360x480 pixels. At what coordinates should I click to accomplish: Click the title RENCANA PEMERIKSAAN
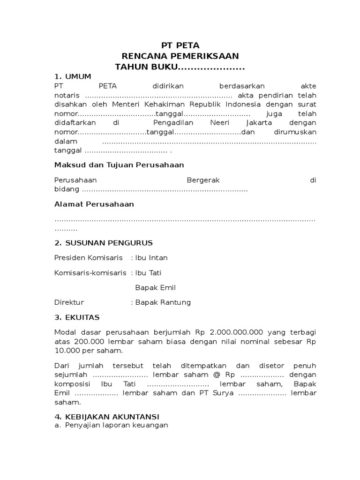[x=180, y=56]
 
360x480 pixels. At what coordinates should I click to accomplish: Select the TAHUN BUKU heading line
[x=180, y=67]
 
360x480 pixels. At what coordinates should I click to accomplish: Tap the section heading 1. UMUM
[x=73, y=76]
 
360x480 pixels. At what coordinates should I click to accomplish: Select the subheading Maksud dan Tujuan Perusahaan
[x=119, y=165]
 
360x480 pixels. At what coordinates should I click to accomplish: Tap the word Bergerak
[x=203, y=180]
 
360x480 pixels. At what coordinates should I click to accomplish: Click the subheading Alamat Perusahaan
[x=94, y=204]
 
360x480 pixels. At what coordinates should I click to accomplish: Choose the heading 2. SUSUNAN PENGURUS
[x=104, y=243]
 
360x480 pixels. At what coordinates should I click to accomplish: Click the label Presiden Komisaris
[x=89, y=258]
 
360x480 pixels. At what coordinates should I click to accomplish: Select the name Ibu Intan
[x=151, y=258]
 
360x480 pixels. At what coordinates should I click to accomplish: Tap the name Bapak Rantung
[x=163, y=302]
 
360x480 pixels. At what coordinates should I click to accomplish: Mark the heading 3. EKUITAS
[x=77, y=317]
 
